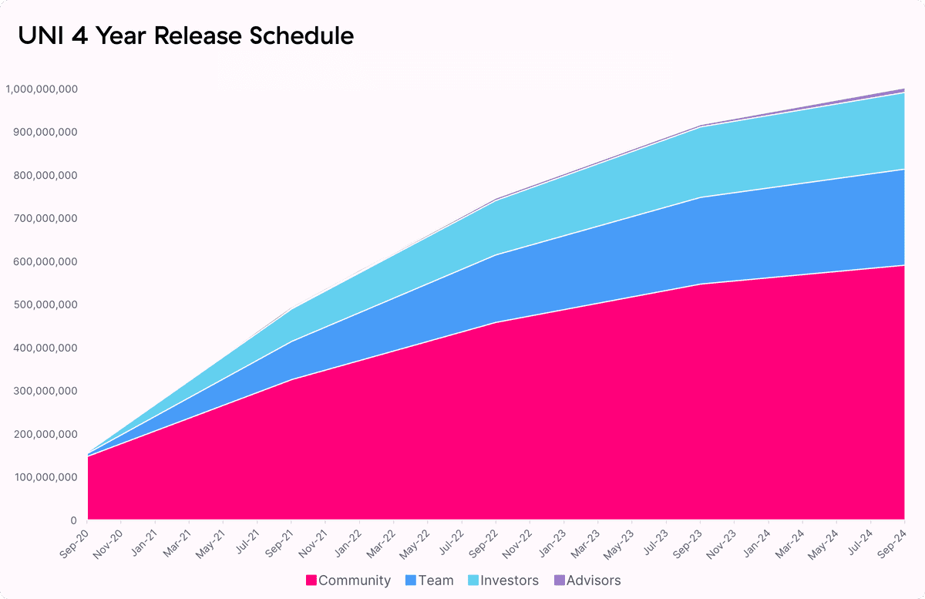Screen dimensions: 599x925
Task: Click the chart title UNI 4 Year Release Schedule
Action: click(x=186, y=35)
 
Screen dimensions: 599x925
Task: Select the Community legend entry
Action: click(x=354, y=580)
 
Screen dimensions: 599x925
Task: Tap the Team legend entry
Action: click(x=436, y=580)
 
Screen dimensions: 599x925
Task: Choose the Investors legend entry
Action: click(x=510, y=580)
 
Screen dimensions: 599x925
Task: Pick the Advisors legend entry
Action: click(x=594, y=580)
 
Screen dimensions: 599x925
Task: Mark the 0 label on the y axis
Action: click(x=73, y=521)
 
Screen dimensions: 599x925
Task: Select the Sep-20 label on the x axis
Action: click(x=76, y=537)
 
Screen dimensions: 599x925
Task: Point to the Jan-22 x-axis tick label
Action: click(x=348, y=537)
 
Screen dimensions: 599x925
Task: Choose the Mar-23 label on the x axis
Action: click(x=587, y=537)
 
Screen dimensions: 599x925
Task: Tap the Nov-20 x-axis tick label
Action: click(x=109, y=537)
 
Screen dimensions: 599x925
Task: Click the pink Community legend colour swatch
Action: click(x=311, y=580)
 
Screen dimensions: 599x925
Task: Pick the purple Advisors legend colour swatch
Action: click(x=560, y=580)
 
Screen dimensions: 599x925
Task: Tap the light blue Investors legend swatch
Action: click(x=473, y=580)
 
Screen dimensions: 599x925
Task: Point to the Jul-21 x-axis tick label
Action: click(x=246, y=537)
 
